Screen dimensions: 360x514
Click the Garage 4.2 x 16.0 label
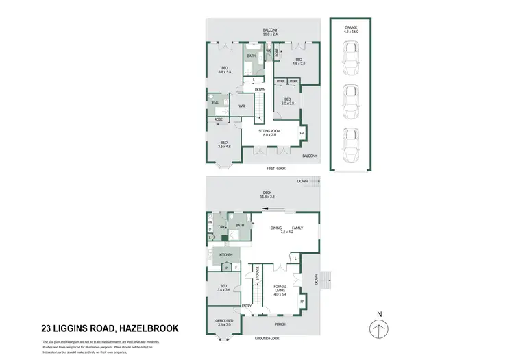[351, 29]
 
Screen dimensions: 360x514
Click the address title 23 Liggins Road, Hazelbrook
[110, 328]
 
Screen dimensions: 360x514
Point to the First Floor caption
[276, 168]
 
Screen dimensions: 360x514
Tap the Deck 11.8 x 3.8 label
[267, 195]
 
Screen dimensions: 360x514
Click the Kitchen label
[226, 254]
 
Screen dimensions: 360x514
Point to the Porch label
[279, 324]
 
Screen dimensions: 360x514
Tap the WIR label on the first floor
[242, 106]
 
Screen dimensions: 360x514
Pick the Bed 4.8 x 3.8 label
[299, 62]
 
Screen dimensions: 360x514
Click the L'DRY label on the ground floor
[221, 226]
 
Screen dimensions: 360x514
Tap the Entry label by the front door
[247, 306]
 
